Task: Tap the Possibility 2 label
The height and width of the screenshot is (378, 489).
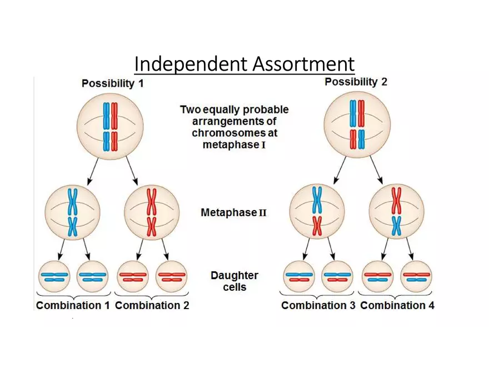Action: pos(356,82)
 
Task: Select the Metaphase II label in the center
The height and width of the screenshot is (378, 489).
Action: pos(233,212)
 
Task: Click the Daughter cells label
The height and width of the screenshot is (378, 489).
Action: pos(234,281)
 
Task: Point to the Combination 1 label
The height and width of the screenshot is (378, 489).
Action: pos(73,305)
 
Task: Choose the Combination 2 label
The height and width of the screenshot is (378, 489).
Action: pos(152,305)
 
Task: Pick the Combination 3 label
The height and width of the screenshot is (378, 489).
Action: pos(318,305)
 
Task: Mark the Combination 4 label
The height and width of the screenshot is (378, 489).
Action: pos(397,305)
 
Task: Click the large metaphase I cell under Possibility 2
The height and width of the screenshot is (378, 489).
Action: pos(357,124)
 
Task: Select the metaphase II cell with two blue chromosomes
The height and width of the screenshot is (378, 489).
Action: pos(73,212)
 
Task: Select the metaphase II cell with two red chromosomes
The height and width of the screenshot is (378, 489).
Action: pos(151,212)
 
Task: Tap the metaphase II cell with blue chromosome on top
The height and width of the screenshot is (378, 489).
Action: pos(317,212)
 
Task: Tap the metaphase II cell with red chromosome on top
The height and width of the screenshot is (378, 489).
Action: pos(396,212)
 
